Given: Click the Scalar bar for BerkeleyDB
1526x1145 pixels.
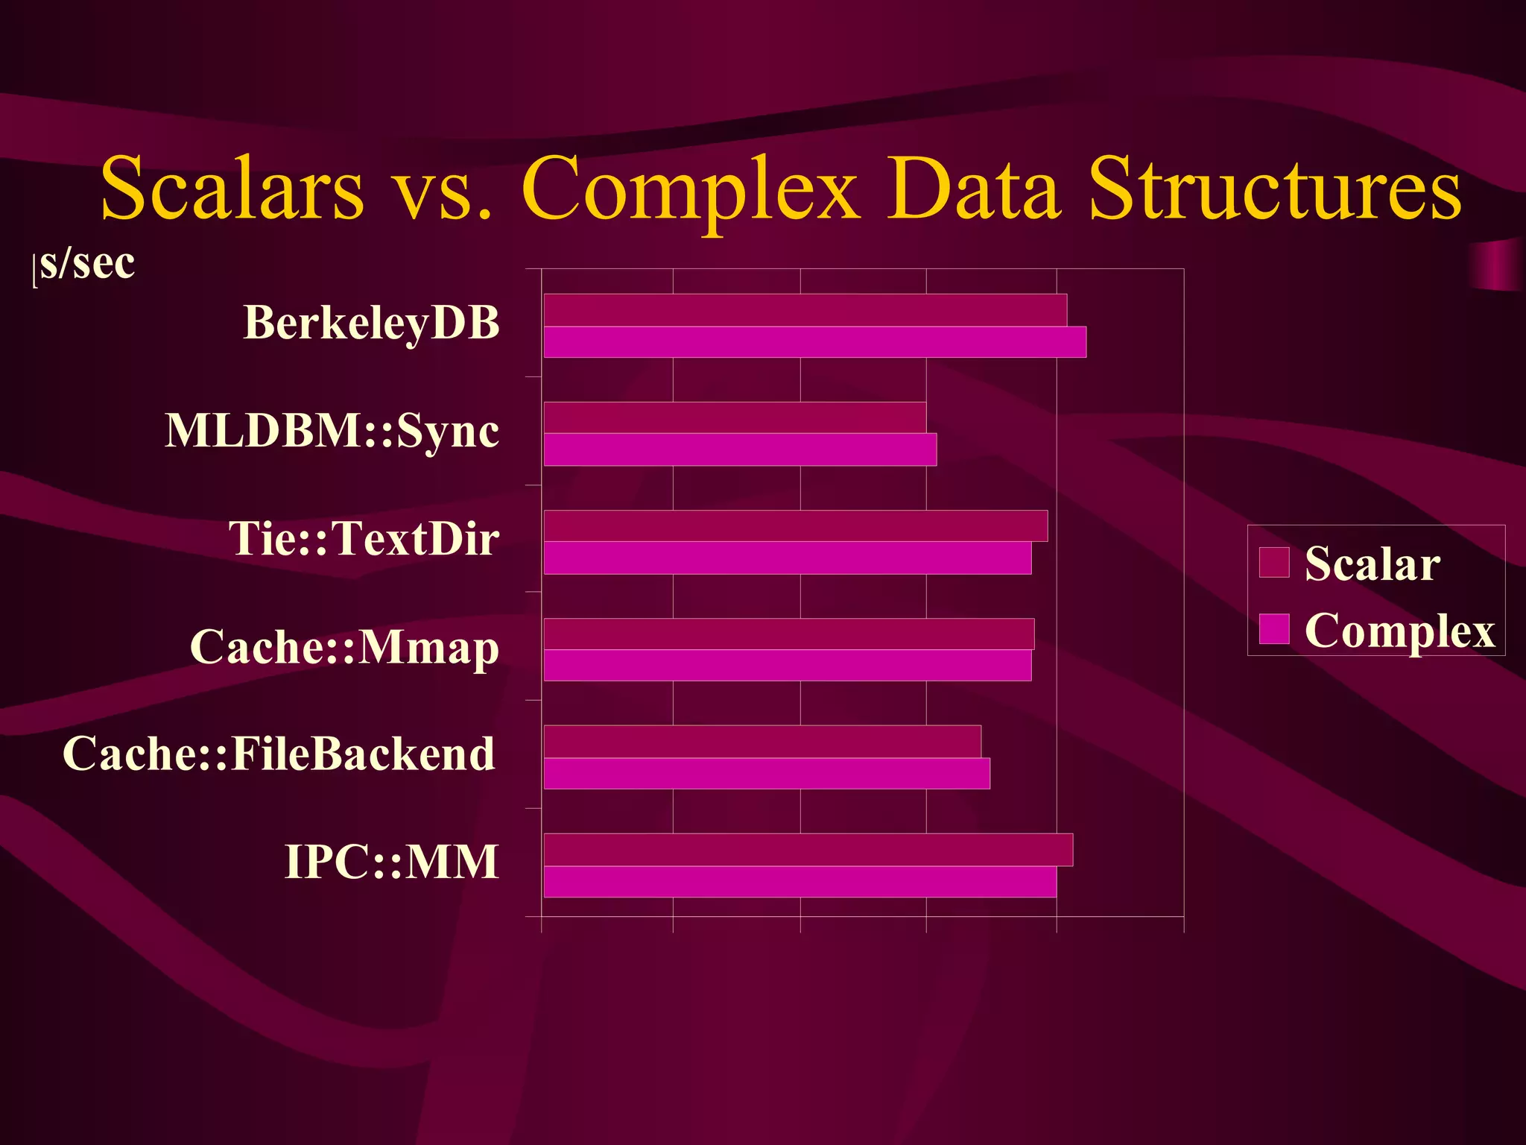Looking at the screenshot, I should tap(805, 310).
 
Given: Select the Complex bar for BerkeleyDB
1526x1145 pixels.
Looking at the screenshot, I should tap(814, 342).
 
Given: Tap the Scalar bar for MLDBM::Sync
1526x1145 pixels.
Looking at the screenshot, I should tap(735, 417).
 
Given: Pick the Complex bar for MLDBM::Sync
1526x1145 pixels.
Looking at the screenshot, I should tap(740, 450).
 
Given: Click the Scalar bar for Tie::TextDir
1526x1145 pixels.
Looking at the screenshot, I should tap(795, 526).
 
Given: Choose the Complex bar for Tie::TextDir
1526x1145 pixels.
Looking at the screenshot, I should tap(788, 558).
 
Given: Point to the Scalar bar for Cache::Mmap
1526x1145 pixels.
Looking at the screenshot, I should tap(788, 634).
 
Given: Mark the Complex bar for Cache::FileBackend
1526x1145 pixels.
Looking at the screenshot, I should tap(767, 773).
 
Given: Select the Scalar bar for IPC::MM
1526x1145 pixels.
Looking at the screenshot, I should tap(808, 850).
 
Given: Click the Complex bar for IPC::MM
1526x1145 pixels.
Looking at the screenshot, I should tap(800, 882).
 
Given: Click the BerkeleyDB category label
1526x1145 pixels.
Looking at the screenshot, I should tap(371, 324).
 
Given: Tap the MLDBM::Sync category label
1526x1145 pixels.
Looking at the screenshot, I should tap(332, 431).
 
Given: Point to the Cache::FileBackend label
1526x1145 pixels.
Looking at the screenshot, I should tap(279, 754).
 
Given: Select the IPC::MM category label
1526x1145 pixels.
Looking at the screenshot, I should tap(391, 862).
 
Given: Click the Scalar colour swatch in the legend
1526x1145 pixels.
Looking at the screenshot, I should tap(1274, 562).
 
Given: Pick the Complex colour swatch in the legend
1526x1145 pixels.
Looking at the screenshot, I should tap(1274, 628).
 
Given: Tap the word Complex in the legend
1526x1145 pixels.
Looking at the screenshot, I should tap(1399, 631).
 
